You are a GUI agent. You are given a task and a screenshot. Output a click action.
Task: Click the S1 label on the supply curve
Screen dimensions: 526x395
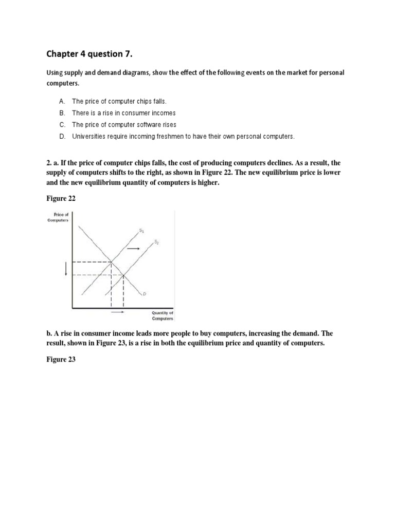[141, 231]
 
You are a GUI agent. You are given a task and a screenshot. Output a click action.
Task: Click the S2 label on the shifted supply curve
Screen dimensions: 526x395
[157, 242]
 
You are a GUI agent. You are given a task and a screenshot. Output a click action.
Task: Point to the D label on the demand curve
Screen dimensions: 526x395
[145, 293]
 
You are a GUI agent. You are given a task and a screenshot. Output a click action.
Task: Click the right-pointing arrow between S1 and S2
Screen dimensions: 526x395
[133, 248]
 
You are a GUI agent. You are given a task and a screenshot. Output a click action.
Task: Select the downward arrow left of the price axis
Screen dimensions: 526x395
[65, 267]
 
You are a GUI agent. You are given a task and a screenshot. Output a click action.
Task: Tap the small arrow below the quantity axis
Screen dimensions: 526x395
[117, 312]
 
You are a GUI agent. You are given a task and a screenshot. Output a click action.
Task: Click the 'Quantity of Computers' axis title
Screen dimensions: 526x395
[163, 315]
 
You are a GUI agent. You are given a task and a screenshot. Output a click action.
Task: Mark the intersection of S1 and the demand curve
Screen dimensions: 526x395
[112, 262]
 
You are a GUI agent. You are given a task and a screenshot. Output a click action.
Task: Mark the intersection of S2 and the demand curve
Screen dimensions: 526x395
[123, 275]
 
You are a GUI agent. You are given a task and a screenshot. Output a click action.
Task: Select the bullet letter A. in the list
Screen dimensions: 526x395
[62, 102]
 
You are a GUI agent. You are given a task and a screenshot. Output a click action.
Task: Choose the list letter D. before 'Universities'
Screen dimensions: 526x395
[62, 137]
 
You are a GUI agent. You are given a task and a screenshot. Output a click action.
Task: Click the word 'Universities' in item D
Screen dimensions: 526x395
[89, 137]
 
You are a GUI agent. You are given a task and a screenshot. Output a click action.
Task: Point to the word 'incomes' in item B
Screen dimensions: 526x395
[161, 113]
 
